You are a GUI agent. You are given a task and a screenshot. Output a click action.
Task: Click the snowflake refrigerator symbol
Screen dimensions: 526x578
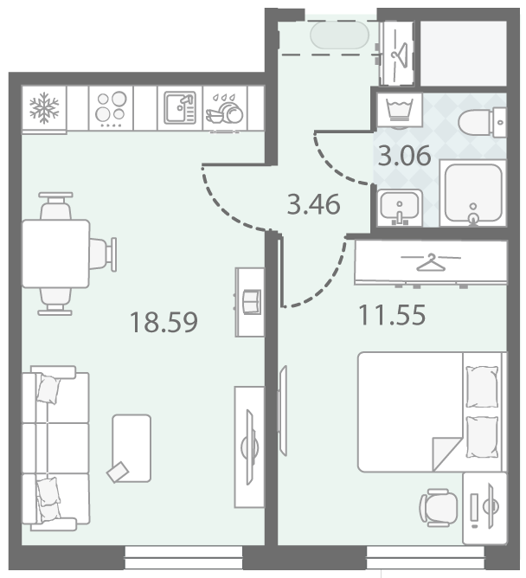44,107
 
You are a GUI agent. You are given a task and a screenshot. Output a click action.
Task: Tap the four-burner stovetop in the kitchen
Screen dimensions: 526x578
111,108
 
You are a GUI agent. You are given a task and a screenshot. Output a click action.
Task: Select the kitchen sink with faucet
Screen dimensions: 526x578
180,107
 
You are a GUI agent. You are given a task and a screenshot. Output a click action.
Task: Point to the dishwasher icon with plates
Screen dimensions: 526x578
224,109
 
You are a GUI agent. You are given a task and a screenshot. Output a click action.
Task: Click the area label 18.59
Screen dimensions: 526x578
164,322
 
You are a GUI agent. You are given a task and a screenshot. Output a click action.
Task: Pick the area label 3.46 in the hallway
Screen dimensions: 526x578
314,204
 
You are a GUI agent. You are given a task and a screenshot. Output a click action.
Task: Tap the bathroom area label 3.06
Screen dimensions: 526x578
404,156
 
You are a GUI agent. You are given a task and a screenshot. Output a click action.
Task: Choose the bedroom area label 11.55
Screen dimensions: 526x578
392,315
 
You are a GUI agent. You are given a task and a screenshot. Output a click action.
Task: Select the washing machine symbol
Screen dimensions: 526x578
399,110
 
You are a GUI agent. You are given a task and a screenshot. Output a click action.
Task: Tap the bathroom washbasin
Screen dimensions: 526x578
400,207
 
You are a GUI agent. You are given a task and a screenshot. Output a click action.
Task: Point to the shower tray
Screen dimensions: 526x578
473,193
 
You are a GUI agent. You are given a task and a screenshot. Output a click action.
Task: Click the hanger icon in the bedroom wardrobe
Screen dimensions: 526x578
431,261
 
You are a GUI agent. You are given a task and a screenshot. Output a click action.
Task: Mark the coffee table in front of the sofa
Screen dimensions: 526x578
131,448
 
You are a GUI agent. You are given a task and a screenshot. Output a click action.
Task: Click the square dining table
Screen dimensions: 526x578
56,254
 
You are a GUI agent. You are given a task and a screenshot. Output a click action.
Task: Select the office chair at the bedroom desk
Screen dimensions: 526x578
439,508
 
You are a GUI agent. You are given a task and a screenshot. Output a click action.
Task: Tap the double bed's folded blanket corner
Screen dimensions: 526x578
447,454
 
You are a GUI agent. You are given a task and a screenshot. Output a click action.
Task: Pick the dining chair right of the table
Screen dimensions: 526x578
103,254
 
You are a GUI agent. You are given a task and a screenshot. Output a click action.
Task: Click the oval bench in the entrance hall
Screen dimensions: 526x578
339,35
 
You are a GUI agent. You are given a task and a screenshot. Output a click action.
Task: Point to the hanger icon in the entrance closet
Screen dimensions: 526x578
399,54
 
